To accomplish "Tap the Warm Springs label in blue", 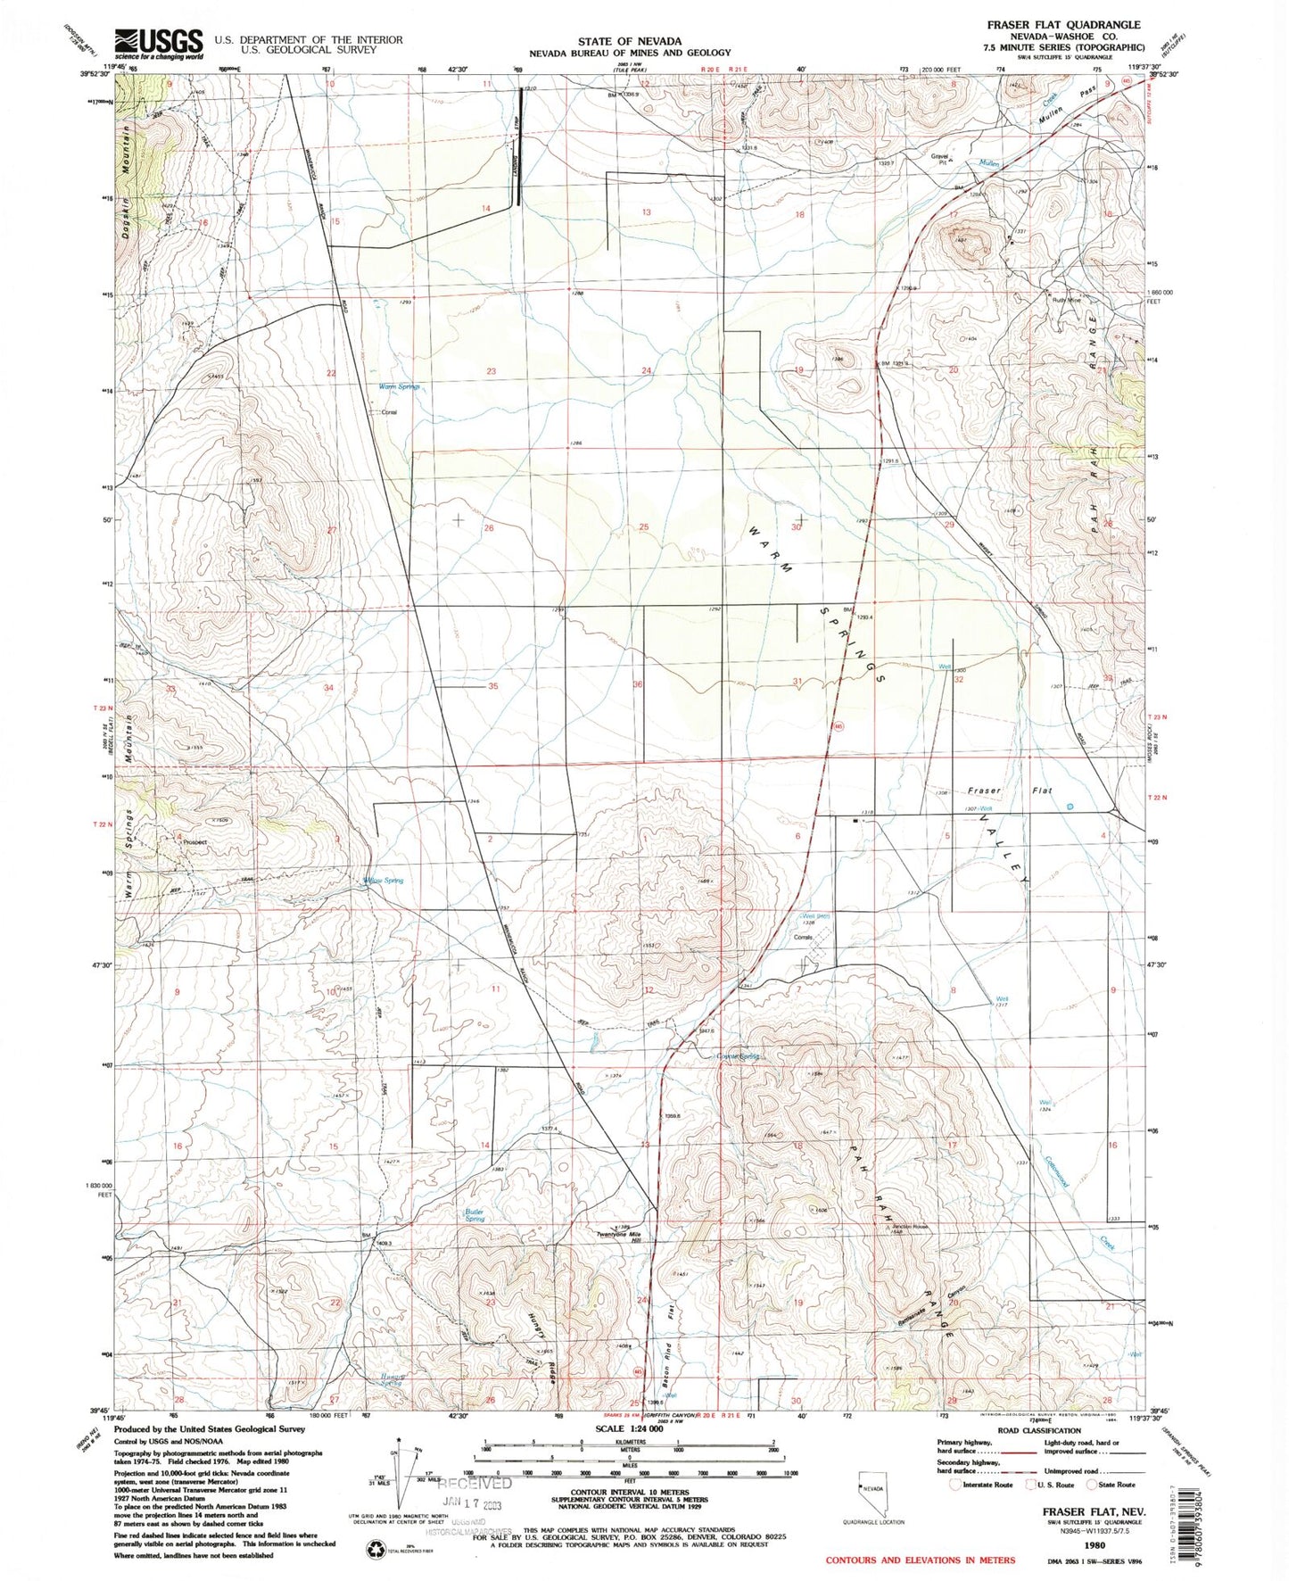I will (399, 386).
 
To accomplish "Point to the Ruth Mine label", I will (1066, 301).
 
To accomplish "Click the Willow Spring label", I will (384, 880).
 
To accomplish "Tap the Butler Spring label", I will (475, 1215).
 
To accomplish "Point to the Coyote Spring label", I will (738, 1056).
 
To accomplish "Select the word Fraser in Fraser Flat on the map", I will (985, 791).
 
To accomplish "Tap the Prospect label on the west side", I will (194, 841).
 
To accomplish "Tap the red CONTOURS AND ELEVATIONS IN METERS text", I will (920, 1560).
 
